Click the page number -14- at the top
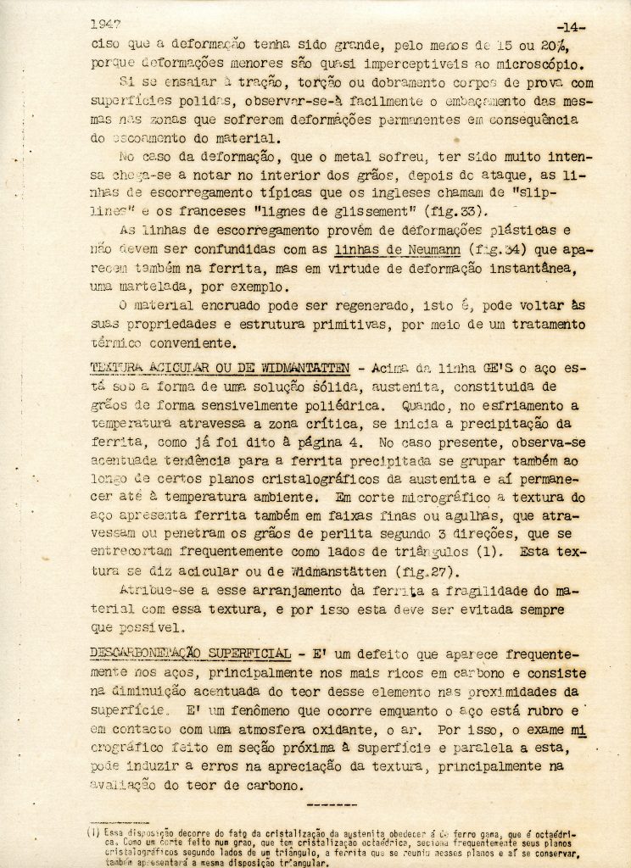(569, 28)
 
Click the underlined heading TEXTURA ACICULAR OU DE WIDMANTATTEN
(219, 369)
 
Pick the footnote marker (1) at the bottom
(93, 832)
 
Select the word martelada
(161, 287)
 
